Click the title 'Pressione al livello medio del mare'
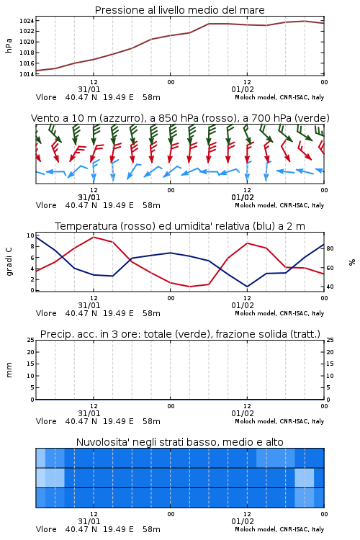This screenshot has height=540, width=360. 180,10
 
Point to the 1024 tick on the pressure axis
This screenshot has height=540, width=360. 26,21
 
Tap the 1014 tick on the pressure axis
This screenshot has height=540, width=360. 26,74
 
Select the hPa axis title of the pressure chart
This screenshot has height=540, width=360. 9,45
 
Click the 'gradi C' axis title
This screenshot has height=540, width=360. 9,261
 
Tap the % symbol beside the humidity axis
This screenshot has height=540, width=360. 352,262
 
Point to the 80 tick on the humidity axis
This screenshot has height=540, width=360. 330,248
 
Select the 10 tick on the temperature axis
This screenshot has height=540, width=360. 30,235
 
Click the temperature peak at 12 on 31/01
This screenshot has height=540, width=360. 94,237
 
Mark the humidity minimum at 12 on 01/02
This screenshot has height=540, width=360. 247,287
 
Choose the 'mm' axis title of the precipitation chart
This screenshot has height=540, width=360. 9,370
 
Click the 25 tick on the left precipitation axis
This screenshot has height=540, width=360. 31,340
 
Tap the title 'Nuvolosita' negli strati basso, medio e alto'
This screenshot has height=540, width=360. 180,442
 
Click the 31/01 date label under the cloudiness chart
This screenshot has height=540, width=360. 89,521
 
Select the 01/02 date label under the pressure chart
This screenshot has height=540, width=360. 243,89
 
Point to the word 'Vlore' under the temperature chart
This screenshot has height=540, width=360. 46,313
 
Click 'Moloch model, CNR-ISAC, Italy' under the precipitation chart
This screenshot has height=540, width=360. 279,421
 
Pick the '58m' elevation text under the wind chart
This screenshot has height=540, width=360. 152,205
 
